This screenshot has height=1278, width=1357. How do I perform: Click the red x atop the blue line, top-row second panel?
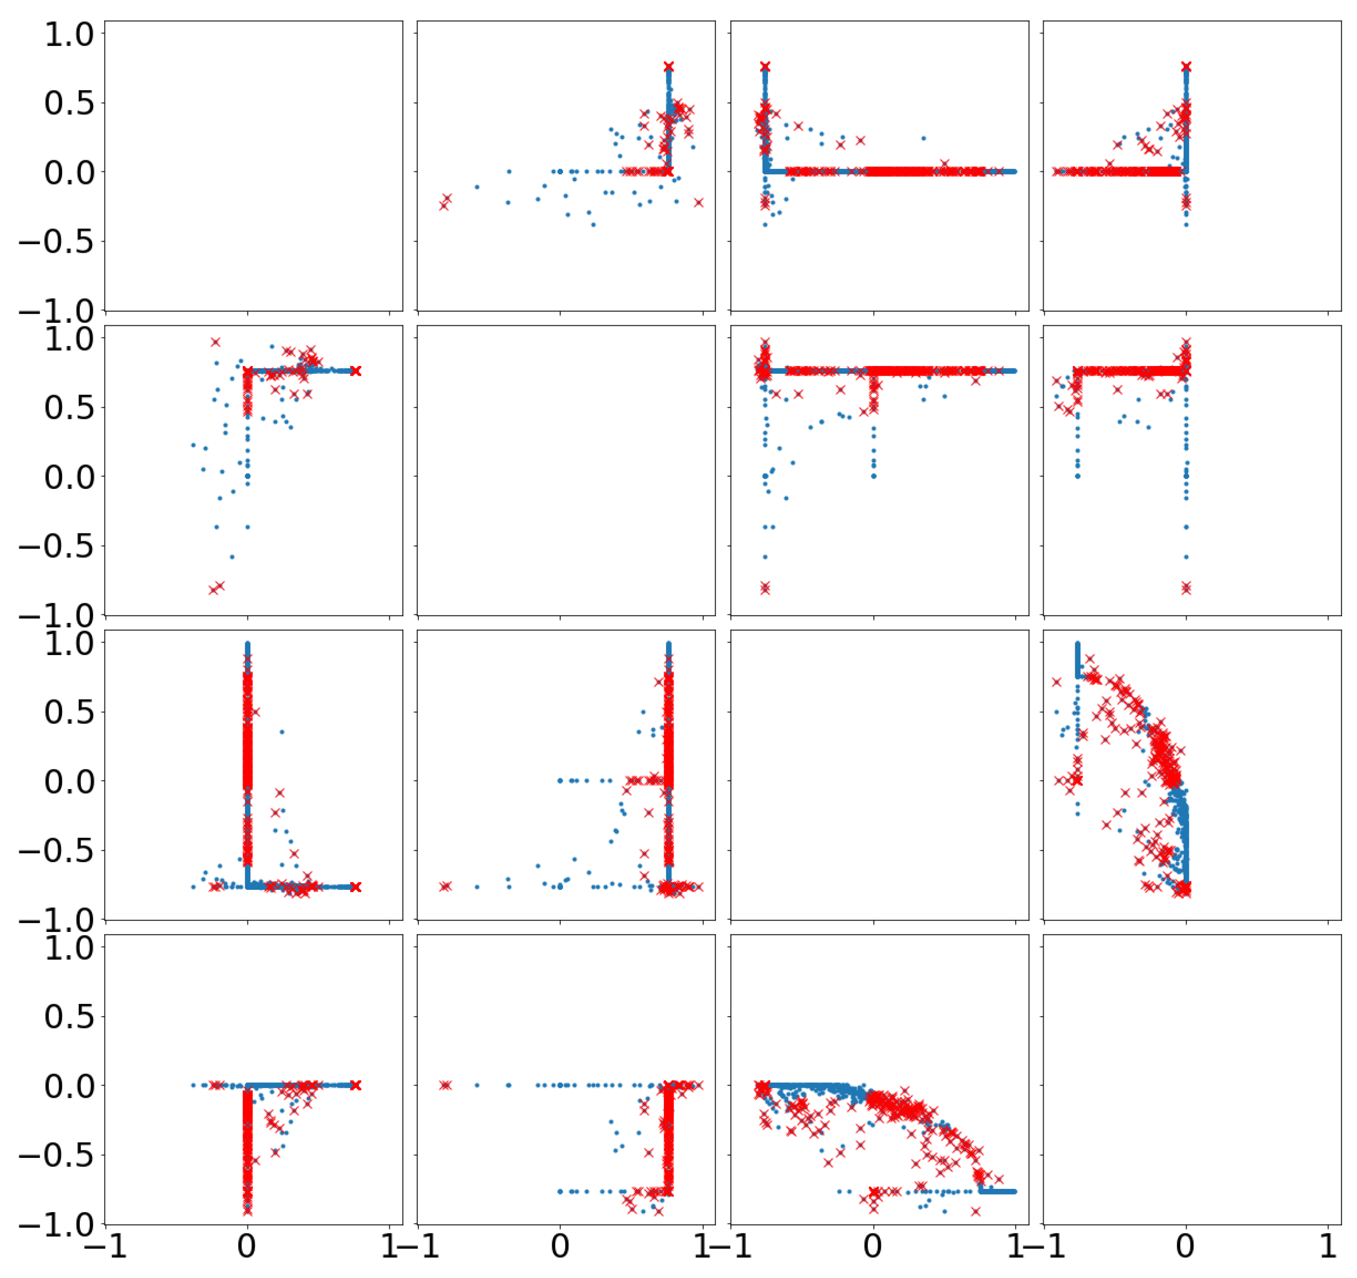[669, 67]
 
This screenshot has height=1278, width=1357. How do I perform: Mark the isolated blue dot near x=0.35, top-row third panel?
[924, 138]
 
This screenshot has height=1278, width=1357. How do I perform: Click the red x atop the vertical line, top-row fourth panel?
[1187, 67]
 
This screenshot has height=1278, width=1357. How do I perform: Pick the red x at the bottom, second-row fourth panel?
[1187, 588]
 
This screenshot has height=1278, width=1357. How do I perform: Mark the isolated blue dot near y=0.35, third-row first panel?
[282, 732]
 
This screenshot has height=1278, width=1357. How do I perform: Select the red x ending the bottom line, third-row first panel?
[355, 887]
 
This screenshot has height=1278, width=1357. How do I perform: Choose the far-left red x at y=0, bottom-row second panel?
[445, 1085]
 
